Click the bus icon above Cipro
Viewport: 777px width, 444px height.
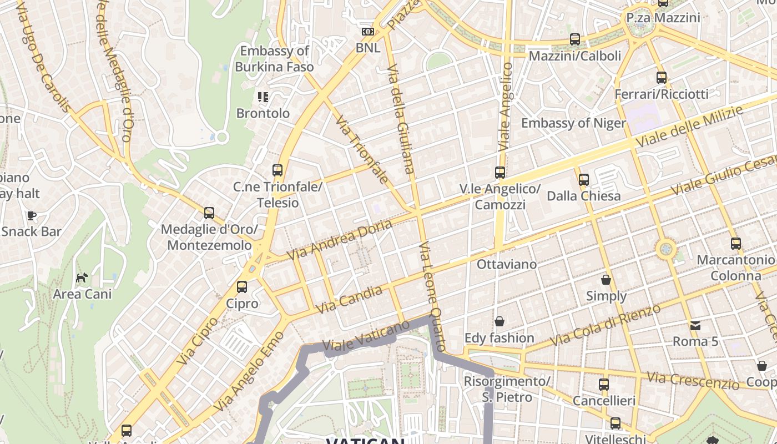pos(242,287)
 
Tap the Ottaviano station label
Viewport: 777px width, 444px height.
pos(507,264)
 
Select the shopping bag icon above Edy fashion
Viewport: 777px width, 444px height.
pos(500,321)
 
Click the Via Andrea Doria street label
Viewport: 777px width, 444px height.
pos(340,240)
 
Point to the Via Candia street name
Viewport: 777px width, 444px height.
pos(349,300)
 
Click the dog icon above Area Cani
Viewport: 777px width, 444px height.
pos(82,277)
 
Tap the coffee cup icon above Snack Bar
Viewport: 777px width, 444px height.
pos(32,215)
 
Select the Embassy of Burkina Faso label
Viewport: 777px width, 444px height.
pos(274,59)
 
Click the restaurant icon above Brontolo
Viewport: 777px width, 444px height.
pos(263,97)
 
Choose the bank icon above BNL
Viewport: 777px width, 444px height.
pos(368,32)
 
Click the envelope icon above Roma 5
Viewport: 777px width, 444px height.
pos(695,325)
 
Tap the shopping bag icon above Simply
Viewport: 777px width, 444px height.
pos(606,280)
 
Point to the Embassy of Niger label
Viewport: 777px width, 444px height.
pos(573,123)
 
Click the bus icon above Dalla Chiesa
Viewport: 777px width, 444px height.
pos(583,180)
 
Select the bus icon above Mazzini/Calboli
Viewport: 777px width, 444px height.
pos(575,39)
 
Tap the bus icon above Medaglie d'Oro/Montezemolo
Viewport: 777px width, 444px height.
pos(209,213)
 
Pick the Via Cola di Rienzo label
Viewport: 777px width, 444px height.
pos(605,325)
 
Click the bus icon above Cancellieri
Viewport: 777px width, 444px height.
pos(604,384)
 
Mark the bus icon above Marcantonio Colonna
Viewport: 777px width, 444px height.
pos(736,244)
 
